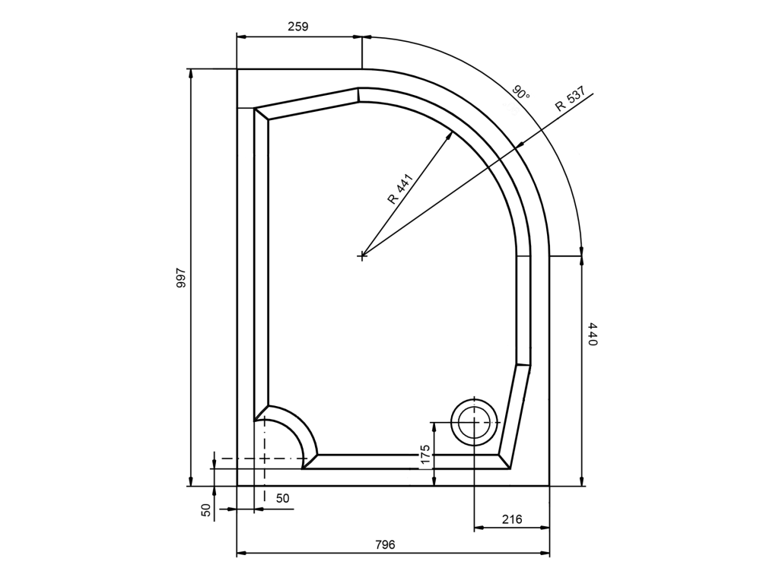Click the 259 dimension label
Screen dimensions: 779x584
click(298, 27)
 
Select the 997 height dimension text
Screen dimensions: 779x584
click(181, 278)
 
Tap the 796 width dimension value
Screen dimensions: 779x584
click(385, 544)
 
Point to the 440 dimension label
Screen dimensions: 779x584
click(592, 334)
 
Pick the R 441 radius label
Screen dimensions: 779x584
click(400, 189)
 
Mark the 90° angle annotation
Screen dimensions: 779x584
click(522, 92)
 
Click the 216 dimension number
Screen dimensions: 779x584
click(512, 519)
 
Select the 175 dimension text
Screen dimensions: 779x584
click(425, 455)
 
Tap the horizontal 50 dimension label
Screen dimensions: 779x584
click(283, 498)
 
